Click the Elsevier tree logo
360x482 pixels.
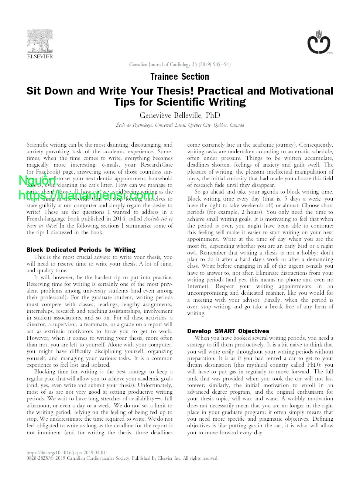tap(40, 41)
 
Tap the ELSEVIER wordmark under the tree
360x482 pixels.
tap(40, 57)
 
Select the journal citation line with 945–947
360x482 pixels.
tap(180, 65)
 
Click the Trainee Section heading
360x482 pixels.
tap(180, 77)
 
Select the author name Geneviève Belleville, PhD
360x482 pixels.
tap(180, 115)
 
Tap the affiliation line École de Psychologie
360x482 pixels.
tap(180, 125)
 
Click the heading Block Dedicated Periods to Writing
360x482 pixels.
tap(81, 250)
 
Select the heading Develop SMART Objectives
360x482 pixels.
tap(228, 331)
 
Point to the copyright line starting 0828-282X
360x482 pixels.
tap(122, 458)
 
